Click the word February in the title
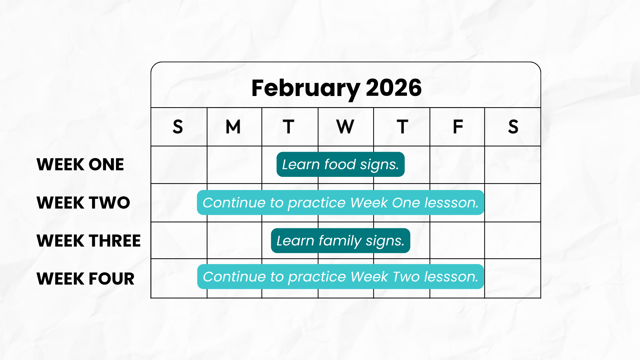[x=306, y=89]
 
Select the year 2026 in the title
[x=394, y=88]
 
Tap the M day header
[x=233, y=127]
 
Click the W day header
[x=345, y=127]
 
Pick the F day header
[x=458, y=127]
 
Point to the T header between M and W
[x=289, y=127]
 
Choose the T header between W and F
[x=402, y=127]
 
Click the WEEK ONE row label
[x=80, y=164]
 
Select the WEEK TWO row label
[x=83, y=203]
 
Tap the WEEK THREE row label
[x=89, y=241]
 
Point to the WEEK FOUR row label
[x=85, y=279]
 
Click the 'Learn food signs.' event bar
[x=341, y=164]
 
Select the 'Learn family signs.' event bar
[x=341, y=241]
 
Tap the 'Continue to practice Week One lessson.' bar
[x=341, y=203]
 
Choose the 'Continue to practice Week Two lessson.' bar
[x=341, y=277]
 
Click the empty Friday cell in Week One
[x=457, y=165]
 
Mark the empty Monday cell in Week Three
[x=234, y=240]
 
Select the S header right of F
[x=513, y=127]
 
